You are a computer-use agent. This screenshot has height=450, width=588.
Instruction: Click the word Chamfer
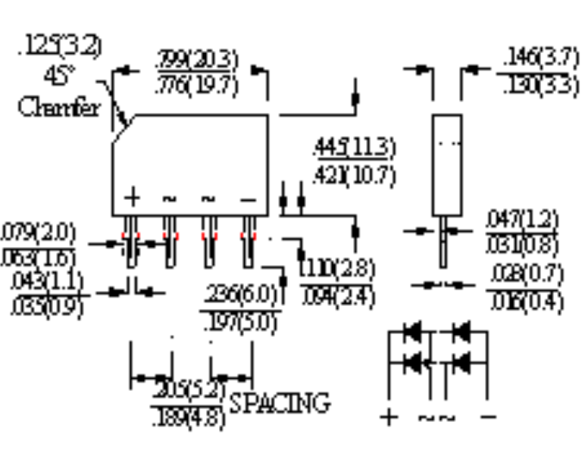click(x=58, y=108)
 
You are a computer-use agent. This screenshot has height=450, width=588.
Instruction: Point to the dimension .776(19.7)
click(x=196, y=85)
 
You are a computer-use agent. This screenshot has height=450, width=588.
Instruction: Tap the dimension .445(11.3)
click(x=354, y=147)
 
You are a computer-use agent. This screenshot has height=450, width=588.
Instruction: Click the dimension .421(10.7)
click(x=354, y=175)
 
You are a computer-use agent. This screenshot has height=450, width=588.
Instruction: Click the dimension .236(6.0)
click(x=242, y=294)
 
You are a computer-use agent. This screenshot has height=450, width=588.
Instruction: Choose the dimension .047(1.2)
click(x=522, y=220)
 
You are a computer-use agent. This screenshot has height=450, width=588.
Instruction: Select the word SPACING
click(x=280, y=402)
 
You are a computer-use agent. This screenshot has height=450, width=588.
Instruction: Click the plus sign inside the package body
click(x=133, y=198)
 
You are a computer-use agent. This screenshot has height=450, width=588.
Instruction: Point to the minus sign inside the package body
click(x=248, y=199)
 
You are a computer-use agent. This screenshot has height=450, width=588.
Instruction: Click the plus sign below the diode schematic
click(x=388, y=417)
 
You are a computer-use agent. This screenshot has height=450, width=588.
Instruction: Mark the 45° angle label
click(x=61, y=76)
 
